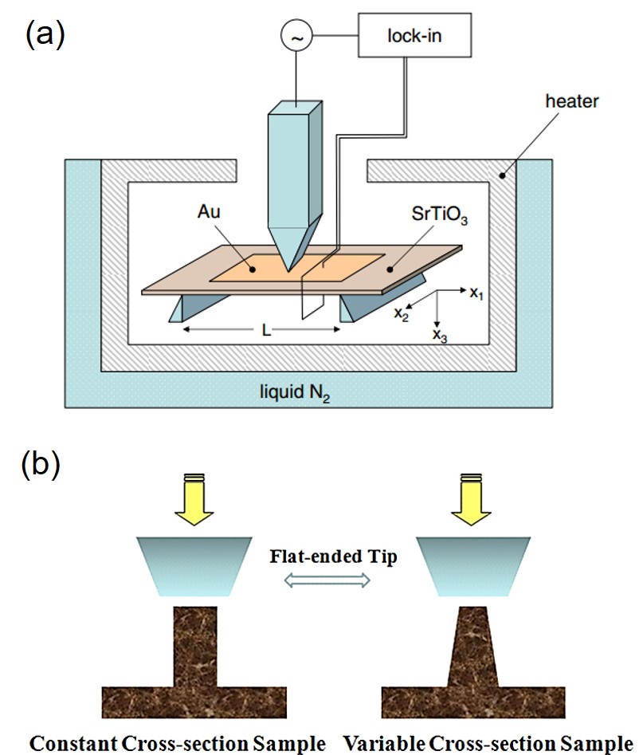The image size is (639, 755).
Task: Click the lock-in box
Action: point(410,37)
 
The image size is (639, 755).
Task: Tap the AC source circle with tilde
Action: point(296,36)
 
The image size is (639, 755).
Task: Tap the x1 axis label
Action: point(476,293)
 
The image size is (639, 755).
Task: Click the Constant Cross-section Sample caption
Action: point(178,743)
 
